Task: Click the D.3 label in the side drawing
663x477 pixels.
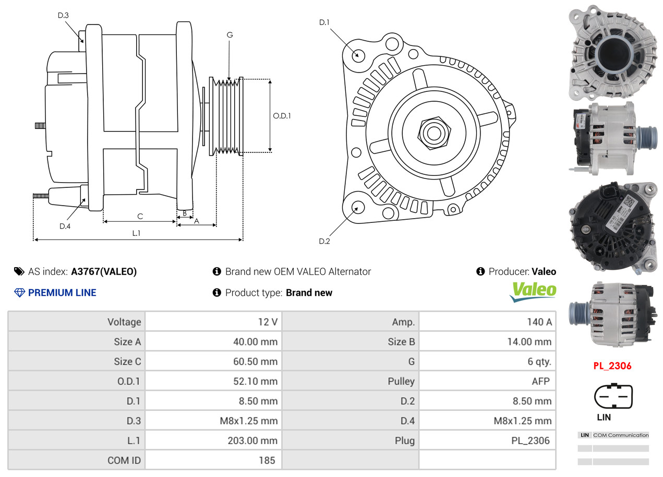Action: coord(63,15)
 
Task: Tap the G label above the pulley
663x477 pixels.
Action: coord(230,35)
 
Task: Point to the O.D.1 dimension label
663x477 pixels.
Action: coord(282,116)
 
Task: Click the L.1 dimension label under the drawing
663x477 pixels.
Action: coord(136,233)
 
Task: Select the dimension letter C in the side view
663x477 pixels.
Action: coord(140,216)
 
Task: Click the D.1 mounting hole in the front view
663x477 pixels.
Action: coord(358,54)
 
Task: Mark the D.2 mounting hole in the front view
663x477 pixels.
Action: coord(358,207)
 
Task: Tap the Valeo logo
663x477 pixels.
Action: coord(533,291)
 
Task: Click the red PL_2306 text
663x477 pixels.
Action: coord(612,366)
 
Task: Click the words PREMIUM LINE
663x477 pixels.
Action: coord(62,293)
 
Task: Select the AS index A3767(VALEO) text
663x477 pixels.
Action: coord(104,271)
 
